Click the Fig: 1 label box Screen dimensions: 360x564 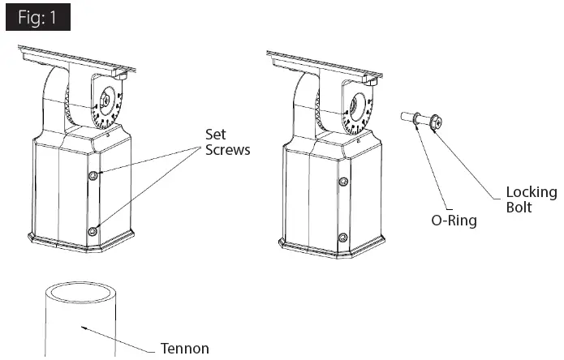click(37, 18)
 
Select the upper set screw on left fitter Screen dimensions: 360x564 click(94, 176)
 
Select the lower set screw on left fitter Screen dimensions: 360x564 click(93, 232)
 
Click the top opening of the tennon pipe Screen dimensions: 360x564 click(79, 291)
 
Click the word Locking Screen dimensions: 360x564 click(531, 192)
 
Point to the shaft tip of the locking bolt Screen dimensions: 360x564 click(403, 117)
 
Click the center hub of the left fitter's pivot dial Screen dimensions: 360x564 click(105, 102)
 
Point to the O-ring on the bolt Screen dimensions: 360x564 click(417, 120)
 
